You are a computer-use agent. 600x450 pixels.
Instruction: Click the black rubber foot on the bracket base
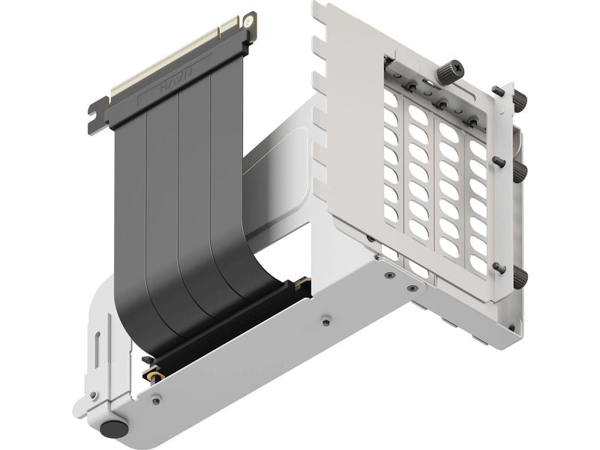pos(114,429)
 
